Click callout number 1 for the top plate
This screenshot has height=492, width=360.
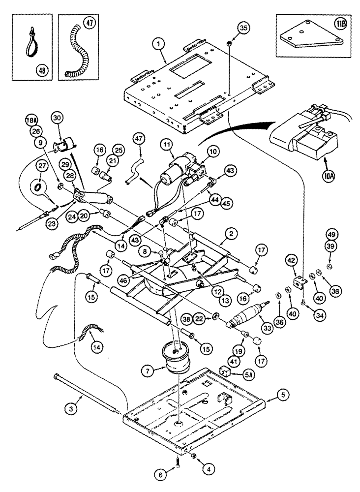(158, 44)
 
